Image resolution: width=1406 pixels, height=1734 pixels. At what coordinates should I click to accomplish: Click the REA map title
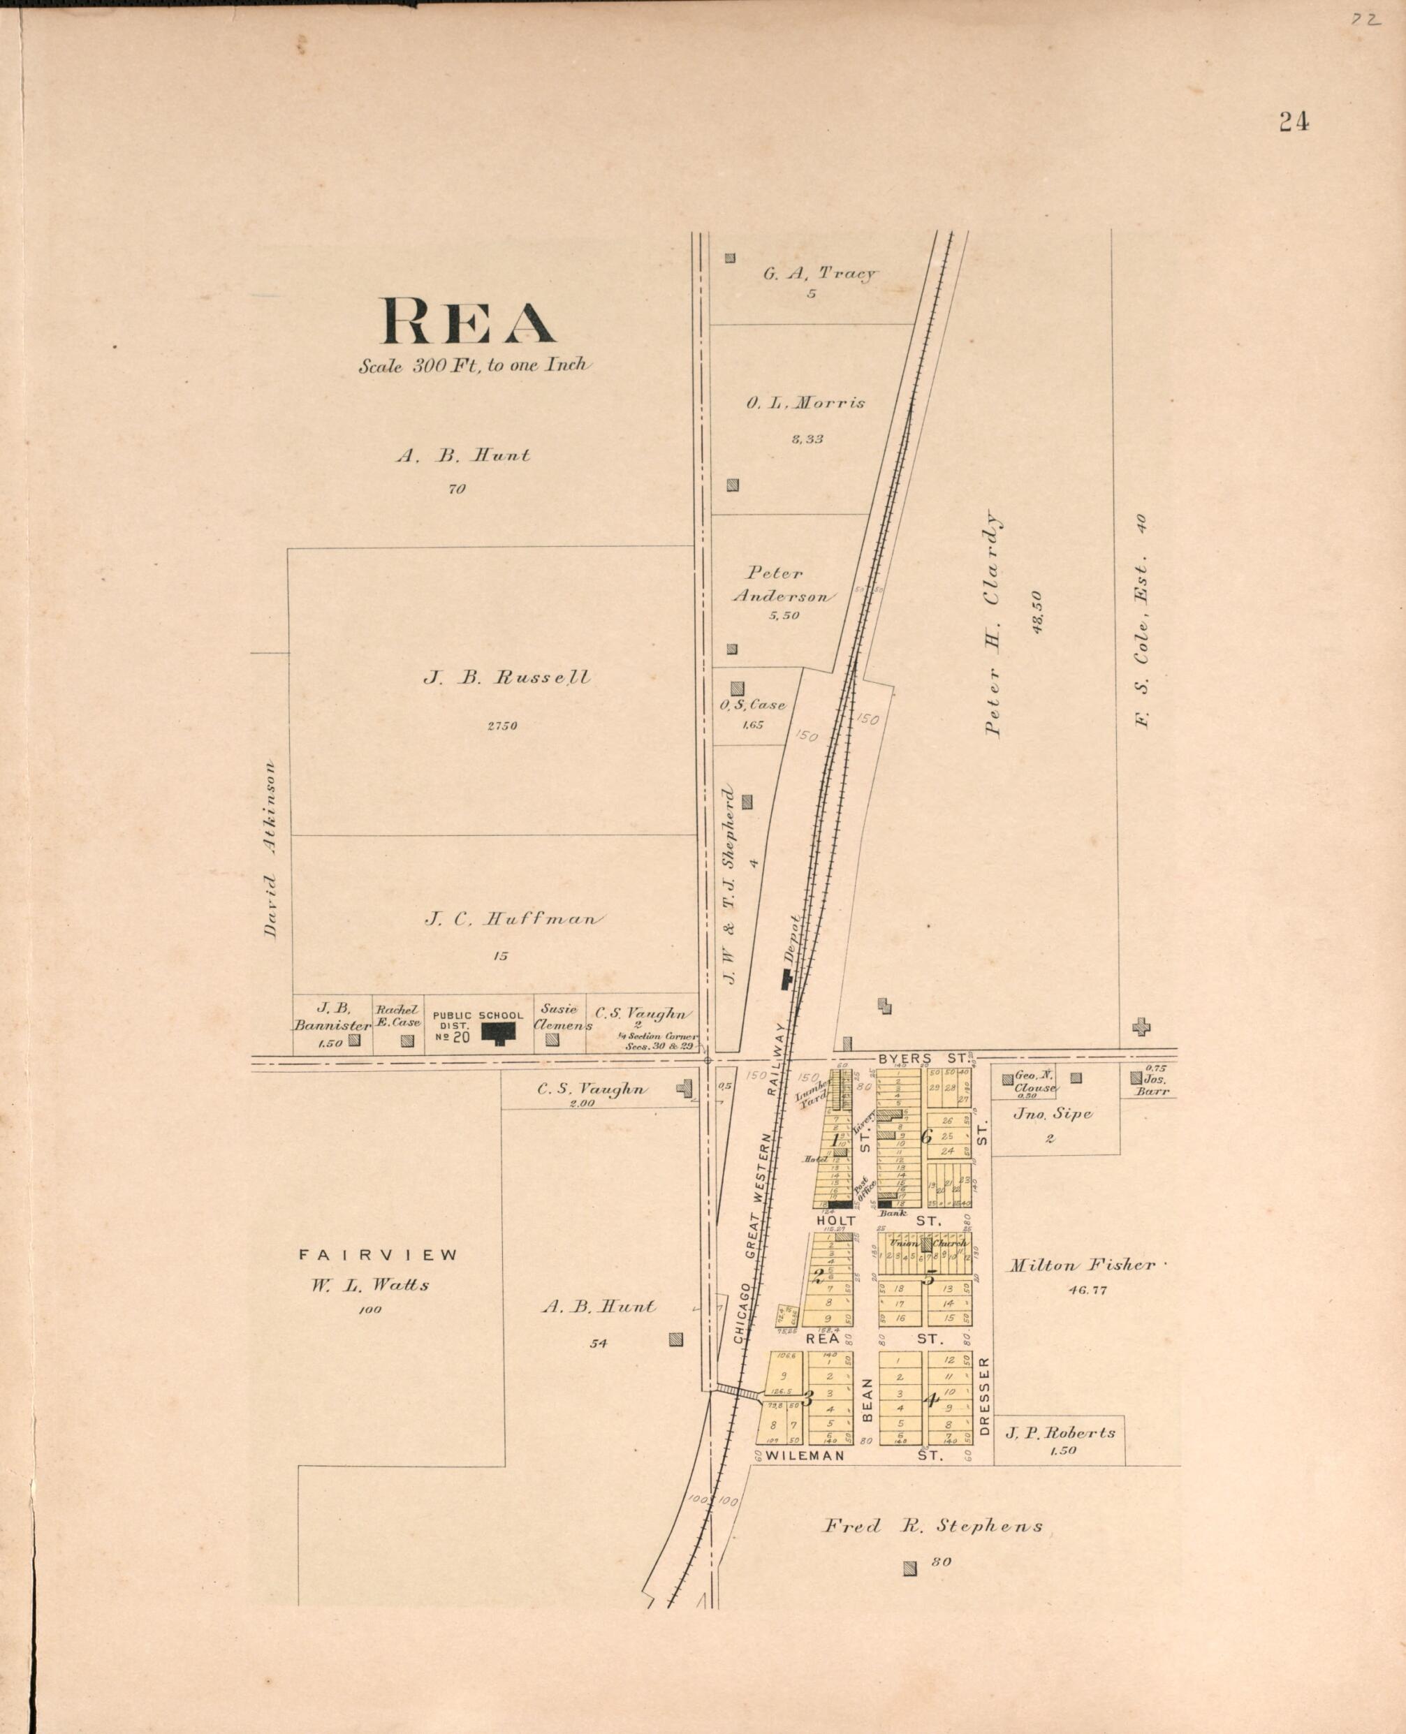(468, 321)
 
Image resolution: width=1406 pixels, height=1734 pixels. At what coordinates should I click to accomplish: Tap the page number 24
(1294, 122)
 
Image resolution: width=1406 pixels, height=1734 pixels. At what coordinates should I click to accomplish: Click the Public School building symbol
(499, 1033)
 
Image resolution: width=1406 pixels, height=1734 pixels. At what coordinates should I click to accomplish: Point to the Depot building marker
(786, 980)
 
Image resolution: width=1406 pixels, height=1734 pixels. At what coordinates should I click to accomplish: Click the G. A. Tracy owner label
(819, 274)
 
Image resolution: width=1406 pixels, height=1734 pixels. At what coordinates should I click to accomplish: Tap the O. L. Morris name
(806, 402)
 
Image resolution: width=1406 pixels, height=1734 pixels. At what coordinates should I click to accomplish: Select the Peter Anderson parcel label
(782, 584)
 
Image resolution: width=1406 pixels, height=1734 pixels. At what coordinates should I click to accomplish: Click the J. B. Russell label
(507, 677)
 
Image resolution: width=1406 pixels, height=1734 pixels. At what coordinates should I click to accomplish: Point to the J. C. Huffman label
(513, 919)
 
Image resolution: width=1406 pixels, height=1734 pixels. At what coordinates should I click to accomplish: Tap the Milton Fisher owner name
(1081, 1265)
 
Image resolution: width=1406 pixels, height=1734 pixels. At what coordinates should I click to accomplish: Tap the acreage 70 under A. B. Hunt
(457, 489)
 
